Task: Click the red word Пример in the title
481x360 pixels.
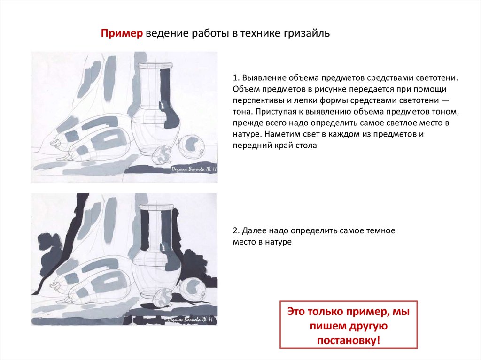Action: click(122, 33)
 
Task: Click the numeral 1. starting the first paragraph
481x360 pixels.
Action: click(236, 78)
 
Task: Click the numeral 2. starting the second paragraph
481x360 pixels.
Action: click(236, 230)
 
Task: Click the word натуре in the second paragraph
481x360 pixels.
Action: click(277, 242)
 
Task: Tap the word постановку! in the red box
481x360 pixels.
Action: click(349, 340)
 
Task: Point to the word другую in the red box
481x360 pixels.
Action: click(369, 326)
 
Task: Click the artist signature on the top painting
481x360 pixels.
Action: click(194, 169)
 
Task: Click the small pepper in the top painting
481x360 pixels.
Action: click(163, 155)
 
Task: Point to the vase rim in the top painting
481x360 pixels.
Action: click(155, 65)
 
